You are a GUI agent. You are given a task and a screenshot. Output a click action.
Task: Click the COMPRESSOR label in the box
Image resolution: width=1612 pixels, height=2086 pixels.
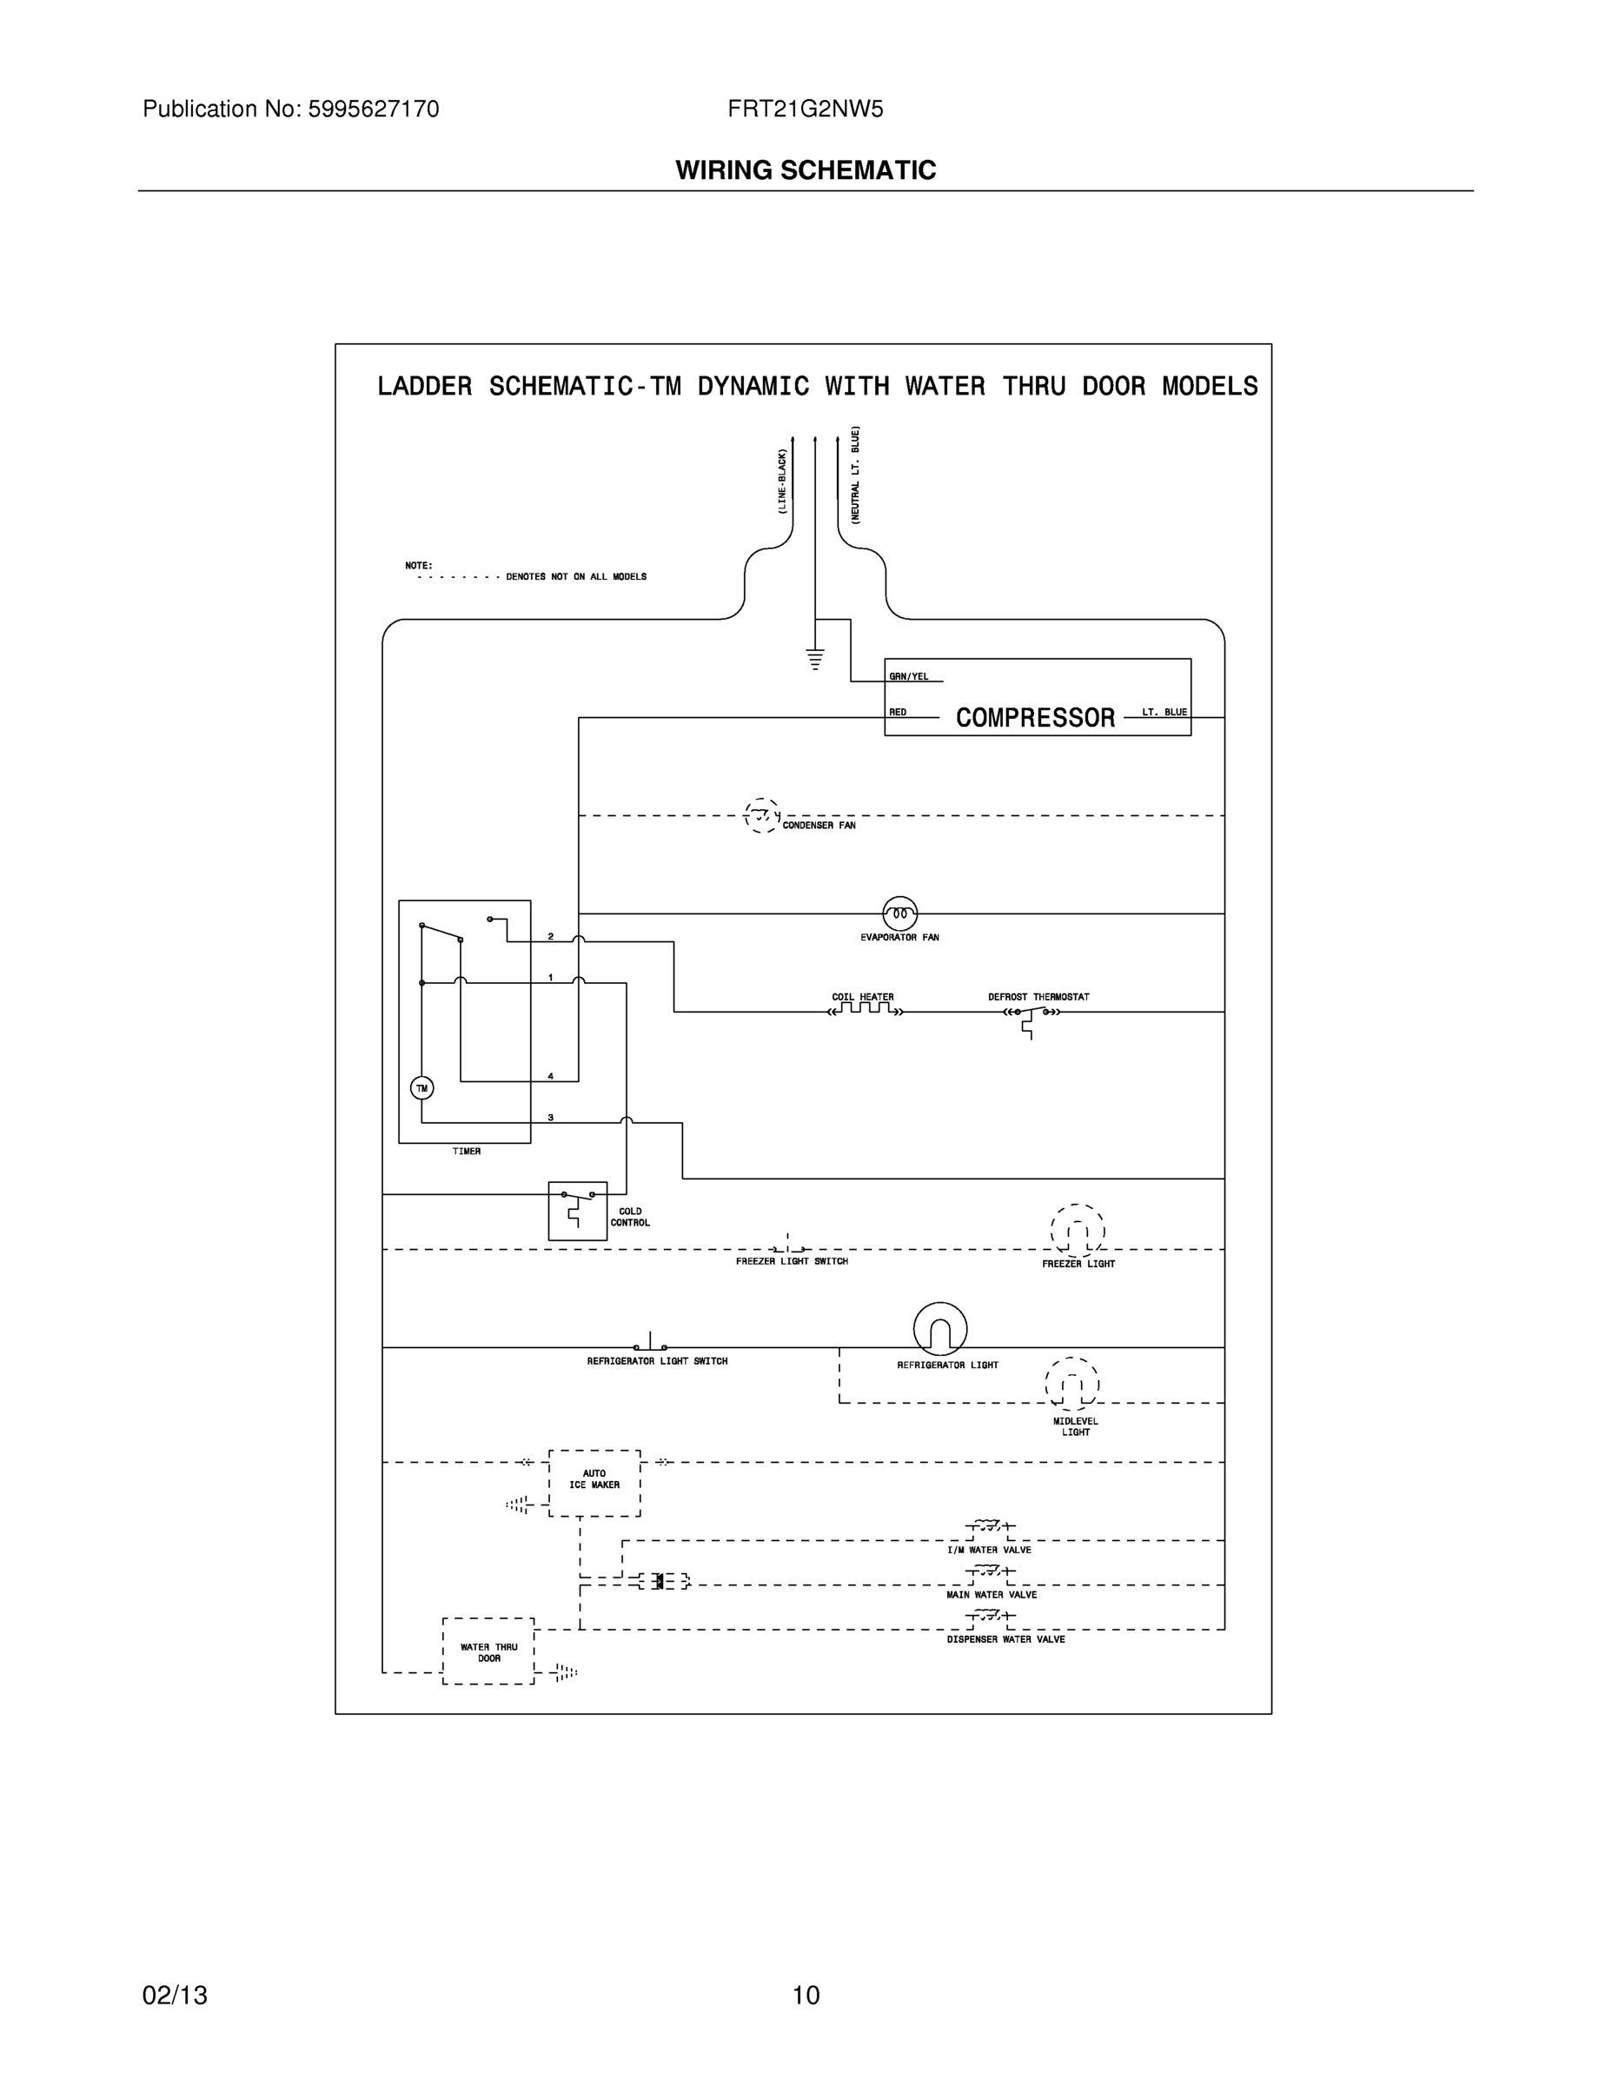click(1035, 717)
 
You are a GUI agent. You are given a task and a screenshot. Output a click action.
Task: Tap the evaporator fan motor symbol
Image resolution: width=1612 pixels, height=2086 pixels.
click(899, 913)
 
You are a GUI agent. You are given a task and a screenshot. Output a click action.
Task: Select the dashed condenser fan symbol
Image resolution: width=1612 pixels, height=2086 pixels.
click(761, 815)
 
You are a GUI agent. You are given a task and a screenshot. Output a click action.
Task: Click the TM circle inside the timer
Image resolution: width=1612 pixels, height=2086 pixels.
click(422, 1088)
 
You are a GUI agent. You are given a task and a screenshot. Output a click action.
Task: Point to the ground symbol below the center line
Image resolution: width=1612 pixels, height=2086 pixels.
click(814, 658)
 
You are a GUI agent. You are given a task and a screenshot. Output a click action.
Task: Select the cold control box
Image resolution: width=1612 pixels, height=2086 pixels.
click(578, 1210)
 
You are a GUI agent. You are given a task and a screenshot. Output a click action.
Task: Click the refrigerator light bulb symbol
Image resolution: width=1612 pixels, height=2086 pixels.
click(939, 1329)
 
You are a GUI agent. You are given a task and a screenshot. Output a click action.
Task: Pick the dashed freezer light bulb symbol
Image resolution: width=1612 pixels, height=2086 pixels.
click(1078, 1231)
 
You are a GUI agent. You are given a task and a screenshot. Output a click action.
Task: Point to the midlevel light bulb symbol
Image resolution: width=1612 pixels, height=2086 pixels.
click(1072, 1384)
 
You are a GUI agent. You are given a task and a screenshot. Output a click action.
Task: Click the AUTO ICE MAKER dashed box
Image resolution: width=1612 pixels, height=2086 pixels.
click(594, 1482)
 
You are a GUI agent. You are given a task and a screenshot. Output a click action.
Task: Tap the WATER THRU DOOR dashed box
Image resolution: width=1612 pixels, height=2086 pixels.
click(488, 1651)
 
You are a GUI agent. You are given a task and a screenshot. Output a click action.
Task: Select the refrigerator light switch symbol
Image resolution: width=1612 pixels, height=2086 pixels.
click(650, 1344)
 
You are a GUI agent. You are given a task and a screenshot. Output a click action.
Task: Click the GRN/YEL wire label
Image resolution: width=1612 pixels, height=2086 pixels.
click(908, 676)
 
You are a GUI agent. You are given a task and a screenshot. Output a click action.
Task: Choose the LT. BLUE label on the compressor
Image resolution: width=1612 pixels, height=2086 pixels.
click(1164, 713)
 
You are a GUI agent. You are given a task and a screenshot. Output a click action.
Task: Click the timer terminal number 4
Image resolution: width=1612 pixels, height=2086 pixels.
click(550, 1076)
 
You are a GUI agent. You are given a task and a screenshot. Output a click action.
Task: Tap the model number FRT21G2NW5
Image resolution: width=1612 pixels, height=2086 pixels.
click(805, 109)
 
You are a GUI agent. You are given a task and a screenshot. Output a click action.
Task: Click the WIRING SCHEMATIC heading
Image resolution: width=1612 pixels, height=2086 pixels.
click(805, 170)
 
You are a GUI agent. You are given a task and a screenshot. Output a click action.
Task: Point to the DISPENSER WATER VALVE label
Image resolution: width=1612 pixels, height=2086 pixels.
click(1005, 1639)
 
